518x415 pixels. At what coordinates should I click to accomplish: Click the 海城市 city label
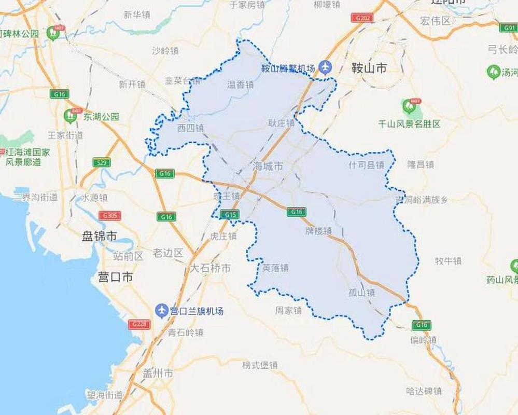[268, 166]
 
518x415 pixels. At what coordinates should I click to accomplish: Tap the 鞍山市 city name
[369, 68]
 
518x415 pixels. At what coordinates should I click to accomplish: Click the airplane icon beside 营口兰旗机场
[162, 311]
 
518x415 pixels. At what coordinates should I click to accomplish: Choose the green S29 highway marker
[102, 163]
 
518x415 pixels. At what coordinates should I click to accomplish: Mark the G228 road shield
[139, 324]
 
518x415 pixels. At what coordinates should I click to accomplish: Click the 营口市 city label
[115, 277]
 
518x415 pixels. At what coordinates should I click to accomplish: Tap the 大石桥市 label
[210, 268]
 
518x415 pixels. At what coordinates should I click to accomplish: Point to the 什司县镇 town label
[367, 164]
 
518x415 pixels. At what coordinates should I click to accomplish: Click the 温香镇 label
[241, 85]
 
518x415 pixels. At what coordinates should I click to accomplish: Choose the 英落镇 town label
[275, 268]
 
